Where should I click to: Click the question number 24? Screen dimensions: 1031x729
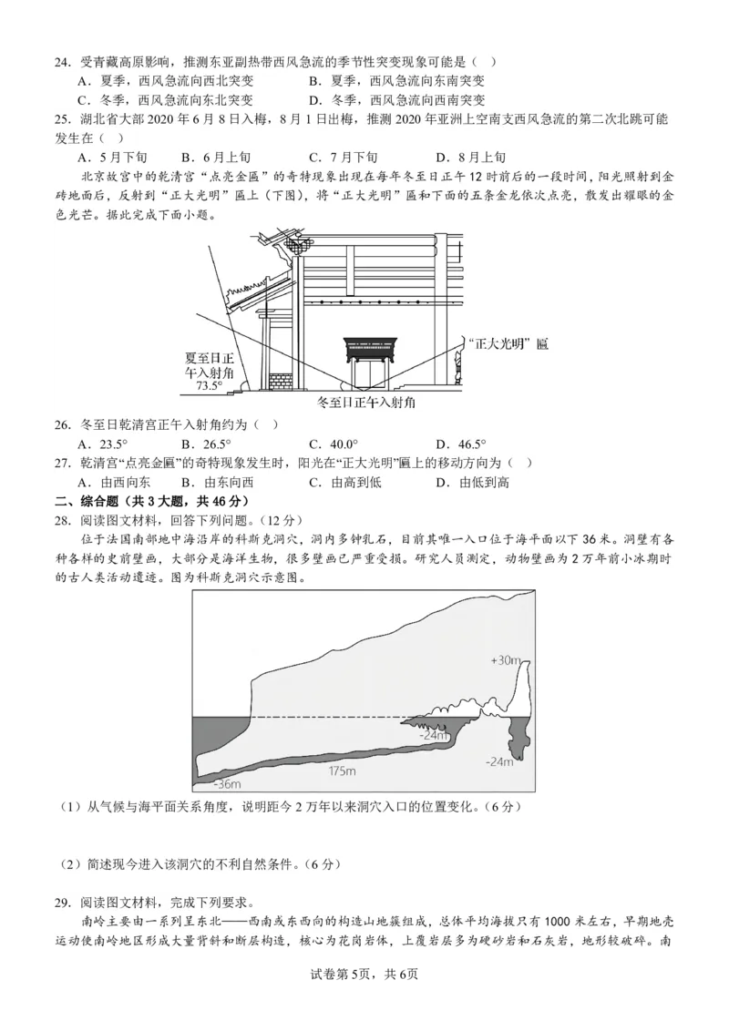[61, 62]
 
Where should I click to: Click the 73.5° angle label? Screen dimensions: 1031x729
[209, 385]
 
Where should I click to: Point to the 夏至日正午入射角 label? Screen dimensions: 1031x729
[209, 364]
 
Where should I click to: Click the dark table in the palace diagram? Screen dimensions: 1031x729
[372, 352]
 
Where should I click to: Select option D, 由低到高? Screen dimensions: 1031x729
[473, 482]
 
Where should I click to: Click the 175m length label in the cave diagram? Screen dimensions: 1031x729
[344, 771]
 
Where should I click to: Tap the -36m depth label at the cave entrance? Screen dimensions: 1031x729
[227, 783]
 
